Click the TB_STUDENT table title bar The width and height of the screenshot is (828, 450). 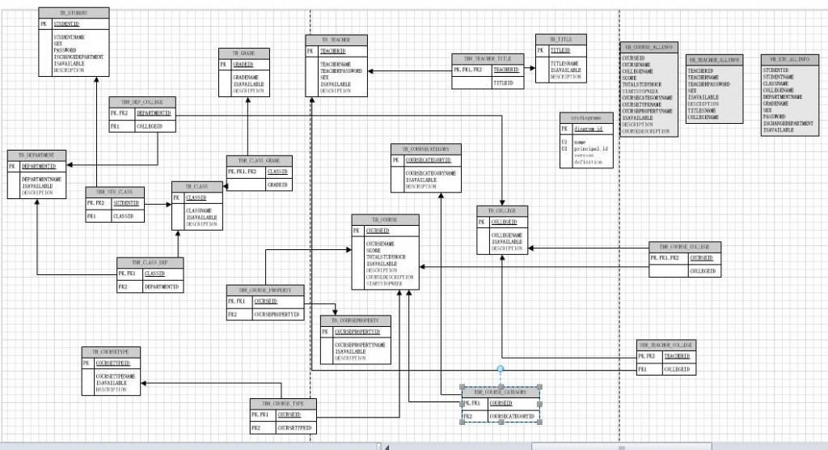pos(74,14)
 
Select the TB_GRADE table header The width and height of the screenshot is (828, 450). pos(248,53)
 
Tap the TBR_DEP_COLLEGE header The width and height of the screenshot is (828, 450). pos(142,102)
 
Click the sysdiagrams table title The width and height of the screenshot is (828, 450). pos(586,117)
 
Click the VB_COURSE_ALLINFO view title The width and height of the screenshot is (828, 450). pos(648,49)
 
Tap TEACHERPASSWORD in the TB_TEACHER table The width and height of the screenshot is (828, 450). pos(344,71)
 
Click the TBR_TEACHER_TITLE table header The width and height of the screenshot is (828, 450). pos(487,59)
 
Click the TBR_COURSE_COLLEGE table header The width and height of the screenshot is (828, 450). pos(684,246)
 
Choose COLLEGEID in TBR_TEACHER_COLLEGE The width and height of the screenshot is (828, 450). pos(678,369)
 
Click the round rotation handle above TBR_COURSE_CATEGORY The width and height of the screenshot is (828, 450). pos(500,370)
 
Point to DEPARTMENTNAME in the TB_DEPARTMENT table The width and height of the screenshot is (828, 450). pos(43,179)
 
